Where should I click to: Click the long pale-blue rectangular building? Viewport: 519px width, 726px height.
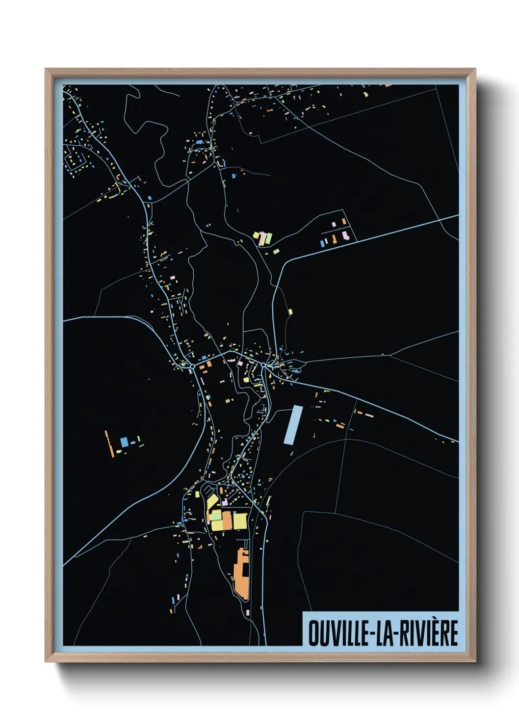point(292,425)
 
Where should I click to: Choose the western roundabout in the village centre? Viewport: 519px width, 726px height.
point(192,366)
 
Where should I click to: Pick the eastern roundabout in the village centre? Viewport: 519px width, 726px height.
point(263,365)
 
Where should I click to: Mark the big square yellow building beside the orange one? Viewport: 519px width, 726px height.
point(239,521)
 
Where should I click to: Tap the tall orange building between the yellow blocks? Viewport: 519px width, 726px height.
point(227,521)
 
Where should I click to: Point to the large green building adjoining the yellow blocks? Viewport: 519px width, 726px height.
point(216,516)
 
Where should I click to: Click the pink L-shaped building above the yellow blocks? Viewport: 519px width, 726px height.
point(225,502)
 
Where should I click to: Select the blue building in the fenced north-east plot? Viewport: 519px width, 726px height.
point(322,243)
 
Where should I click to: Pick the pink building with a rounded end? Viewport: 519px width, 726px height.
point(345,236)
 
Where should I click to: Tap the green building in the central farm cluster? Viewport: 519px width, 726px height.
point(268,239)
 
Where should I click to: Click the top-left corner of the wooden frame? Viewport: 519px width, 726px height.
point(46,69)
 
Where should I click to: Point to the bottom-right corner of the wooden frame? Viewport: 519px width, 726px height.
point(475,661)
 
